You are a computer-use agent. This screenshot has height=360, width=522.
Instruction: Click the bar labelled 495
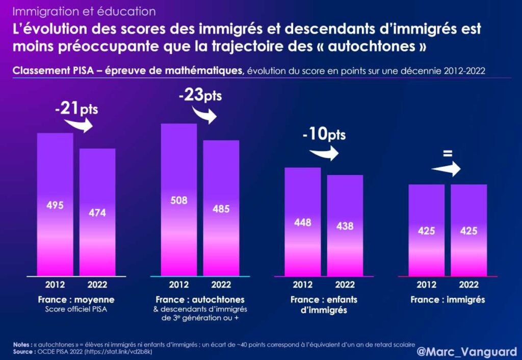(x=55, y=204)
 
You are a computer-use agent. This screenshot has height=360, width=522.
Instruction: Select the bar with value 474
(x=97, y=212)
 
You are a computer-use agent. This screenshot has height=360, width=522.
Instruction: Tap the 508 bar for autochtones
(x=179, y=199)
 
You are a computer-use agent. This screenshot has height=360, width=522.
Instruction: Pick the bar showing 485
(x=221, y=208)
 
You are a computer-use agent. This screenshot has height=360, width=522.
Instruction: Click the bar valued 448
(x=303, y=222)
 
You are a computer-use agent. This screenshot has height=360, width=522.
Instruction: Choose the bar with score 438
(x=345, y=225)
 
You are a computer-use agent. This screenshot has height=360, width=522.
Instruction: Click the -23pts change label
(x=200, y=96)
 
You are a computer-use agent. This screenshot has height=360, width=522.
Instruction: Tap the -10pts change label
(x=324, y=135)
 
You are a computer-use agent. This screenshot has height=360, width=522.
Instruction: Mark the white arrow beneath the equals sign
(x=446, y=169)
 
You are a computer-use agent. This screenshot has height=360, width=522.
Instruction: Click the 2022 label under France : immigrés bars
(x=468, y=285)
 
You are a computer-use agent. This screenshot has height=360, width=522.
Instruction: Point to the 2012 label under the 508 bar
(x=179, y=285)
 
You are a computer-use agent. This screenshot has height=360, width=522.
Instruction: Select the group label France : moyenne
(x=76, y=299)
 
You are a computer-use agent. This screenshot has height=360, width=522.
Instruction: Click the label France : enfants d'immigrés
(x=324, y=304)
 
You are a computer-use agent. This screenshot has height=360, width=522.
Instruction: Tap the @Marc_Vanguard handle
(x=466, y=352)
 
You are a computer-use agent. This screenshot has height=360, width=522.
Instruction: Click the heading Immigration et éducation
(x=84, y=11)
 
